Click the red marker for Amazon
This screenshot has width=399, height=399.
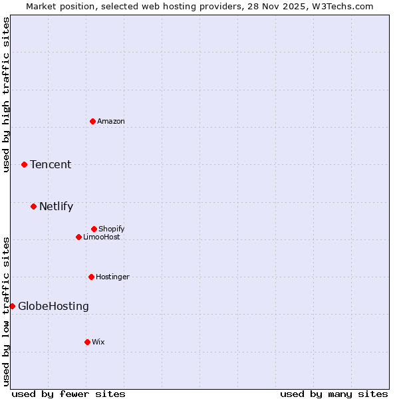93,121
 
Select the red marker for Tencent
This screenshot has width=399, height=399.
25,164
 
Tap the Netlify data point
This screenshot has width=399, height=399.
34,206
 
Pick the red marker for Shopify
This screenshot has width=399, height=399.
94,229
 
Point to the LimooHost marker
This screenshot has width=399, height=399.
78,237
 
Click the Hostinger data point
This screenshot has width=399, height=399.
91,277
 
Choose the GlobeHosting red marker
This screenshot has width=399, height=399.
12,306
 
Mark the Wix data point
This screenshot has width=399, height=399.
87,342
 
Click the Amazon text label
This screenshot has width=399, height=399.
111,121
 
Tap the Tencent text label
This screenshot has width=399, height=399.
51,164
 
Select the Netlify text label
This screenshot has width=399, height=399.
56,206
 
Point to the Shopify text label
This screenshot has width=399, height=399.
112,229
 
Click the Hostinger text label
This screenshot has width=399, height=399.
112,277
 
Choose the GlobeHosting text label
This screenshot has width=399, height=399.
53,306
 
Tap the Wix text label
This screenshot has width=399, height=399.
98,342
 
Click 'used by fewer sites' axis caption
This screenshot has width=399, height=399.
68,394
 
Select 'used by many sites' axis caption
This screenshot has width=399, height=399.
334,394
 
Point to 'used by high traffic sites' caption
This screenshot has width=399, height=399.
6,94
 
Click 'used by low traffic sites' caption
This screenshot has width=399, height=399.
6,311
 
